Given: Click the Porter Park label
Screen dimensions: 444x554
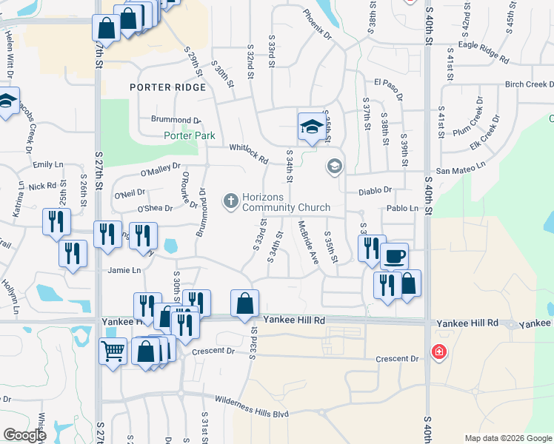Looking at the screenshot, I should (x=190, y=135).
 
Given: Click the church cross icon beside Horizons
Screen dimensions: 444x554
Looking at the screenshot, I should (x=230, y=200).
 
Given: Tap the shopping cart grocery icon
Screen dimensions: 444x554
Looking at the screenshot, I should (x=113, y=351).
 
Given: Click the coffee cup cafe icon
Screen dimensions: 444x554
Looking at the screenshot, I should (x=394, y=255).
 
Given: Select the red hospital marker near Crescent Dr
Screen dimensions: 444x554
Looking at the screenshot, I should (x=439, y=351).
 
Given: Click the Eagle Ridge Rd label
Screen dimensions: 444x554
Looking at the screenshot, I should (x=484, y=51).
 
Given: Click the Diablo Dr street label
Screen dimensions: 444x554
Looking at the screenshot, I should (x=375, y=190).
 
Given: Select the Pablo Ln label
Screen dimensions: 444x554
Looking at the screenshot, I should (x=403, y=209).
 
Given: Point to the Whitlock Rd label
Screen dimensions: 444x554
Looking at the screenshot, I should (x=248, y=152).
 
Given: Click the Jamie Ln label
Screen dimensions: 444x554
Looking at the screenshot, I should (x=124, y=270).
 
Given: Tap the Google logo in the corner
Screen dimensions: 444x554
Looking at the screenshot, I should (x=25, y=435).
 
